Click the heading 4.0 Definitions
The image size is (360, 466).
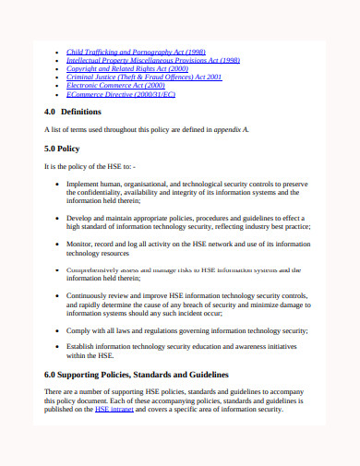coord(73,112)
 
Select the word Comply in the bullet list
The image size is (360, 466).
coord(79,329)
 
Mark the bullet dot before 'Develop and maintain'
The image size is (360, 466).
coord(58,217)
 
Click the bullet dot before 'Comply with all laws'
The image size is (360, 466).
coord(58,329)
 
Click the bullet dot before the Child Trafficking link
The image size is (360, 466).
coord(58,52)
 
